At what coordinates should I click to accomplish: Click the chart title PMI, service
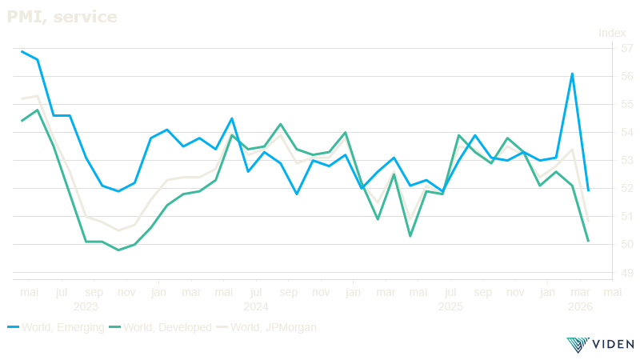point(62,15)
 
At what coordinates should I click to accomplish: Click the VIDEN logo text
point(611,345)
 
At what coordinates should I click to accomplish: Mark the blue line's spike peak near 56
point(572,74)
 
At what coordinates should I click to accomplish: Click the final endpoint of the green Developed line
point(588,240)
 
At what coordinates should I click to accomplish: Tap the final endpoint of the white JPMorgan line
point(588,221)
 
